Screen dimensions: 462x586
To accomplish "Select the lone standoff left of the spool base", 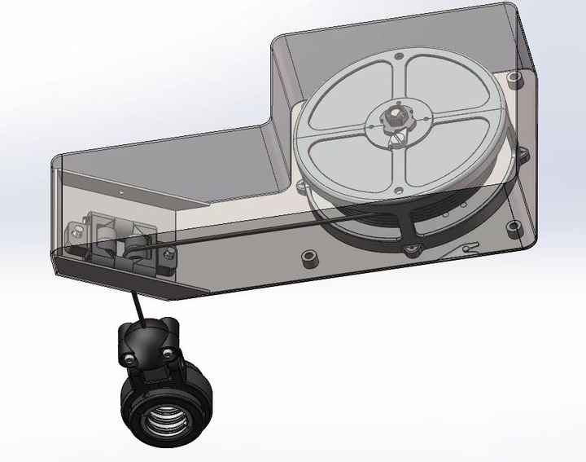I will pyautogui.click(x=309, y=257).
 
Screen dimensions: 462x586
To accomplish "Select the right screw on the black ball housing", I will pyautogui.click(x=168, y=353).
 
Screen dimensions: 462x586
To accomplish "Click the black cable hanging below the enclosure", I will pyautogui.click(x=135, y=305).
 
